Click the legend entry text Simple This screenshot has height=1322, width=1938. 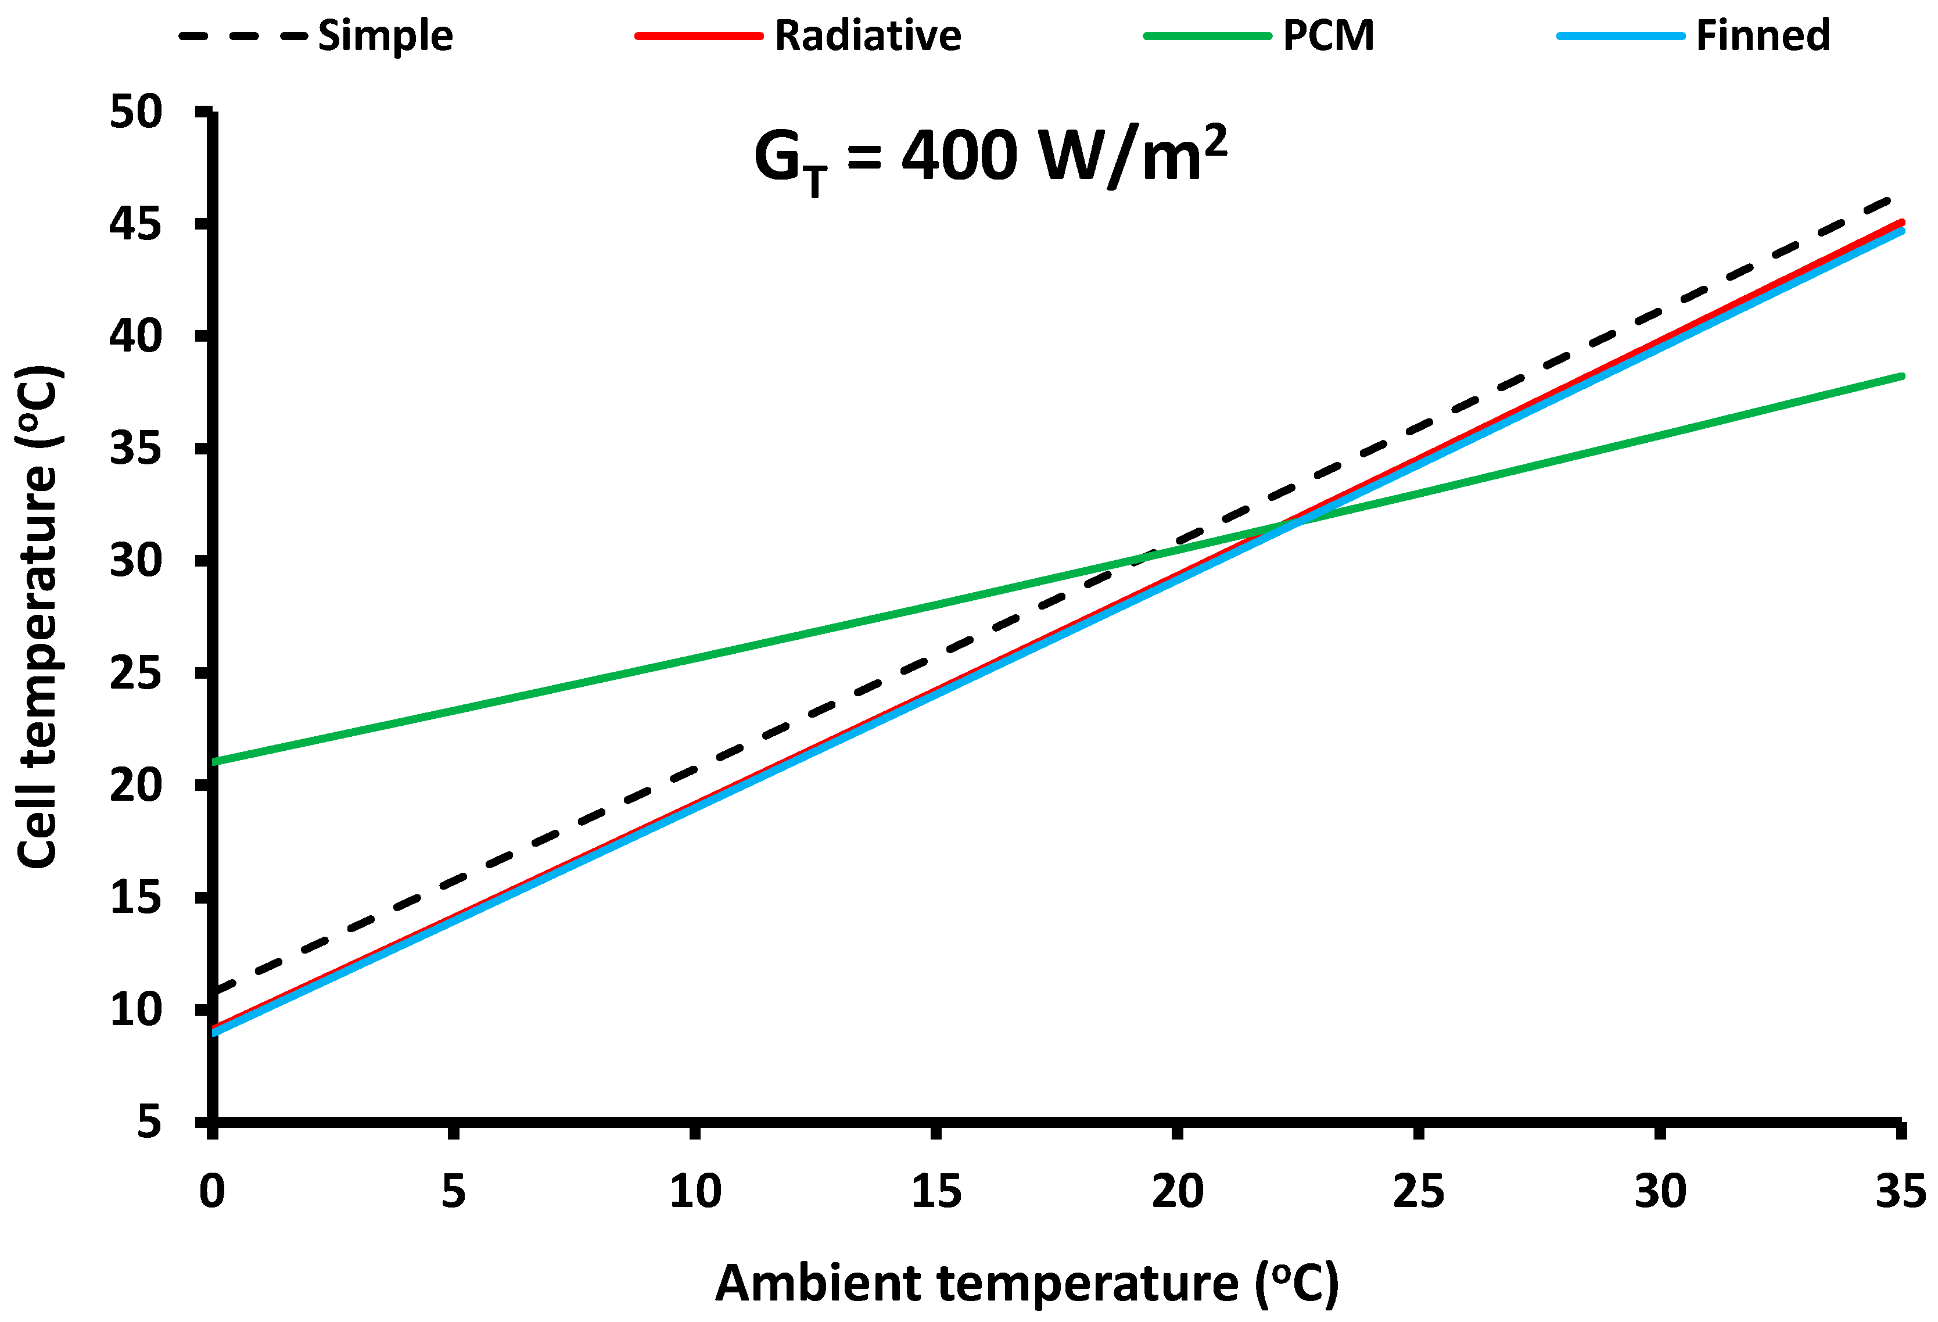(x=385, y=36)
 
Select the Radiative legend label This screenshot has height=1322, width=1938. (x=867, y=36)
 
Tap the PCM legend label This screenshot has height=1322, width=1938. (x=1327, y=36)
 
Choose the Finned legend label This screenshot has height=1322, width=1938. (x=1763, y=36)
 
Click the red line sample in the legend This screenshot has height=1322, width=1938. (x=699, y=36)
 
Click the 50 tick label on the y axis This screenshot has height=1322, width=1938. (x=136, y=112)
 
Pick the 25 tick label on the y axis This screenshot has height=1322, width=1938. (x=136, y=673)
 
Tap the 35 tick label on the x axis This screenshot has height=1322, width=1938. (x=1900, y=1191)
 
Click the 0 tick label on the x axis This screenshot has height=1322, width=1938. (x=212, y=1191)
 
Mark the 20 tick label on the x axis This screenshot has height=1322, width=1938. (x=1176, y=1191)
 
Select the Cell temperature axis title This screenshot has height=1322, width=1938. (x=38, y=617)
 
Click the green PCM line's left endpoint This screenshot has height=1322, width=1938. (x=215, y=761)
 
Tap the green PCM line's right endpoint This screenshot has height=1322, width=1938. (x=1901, y=376)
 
